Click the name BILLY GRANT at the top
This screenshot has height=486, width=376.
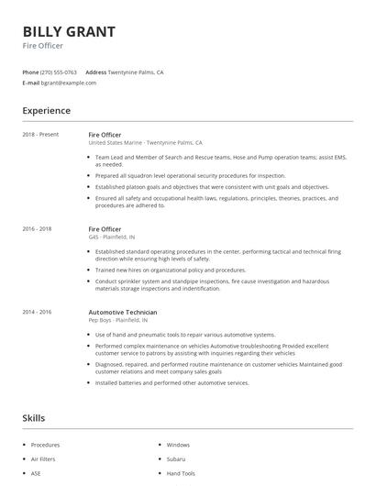pos(69,32)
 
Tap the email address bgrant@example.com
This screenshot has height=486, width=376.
pos(69,83)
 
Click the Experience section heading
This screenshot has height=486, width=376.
pos(47,111)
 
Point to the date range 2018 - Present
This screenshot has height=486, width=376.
pos(40,135)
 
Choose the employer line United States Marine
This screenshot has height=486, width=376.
pos(145,143)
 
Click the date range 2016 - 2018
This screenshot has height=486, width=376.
pos(37,228)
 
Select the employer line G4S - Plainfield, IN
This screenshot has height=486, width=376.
pos(118,237)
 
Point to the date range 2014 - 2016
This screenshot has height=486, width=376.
pos(37,312)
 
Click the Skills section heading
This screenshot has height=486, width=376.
pos(34,418)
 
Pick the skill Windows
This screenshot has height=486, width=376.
pos(178,445)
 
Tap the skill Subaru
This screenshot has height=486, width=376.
pos(176,458)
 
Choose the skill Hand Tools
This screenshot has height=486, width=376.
pos(182,473)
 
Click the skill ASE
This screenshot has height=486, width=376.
pos(37,473)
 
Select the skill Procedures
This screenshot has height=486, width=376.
pos(46,445)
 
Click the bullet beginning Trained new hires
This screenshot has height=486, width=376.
pos(171,271)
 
